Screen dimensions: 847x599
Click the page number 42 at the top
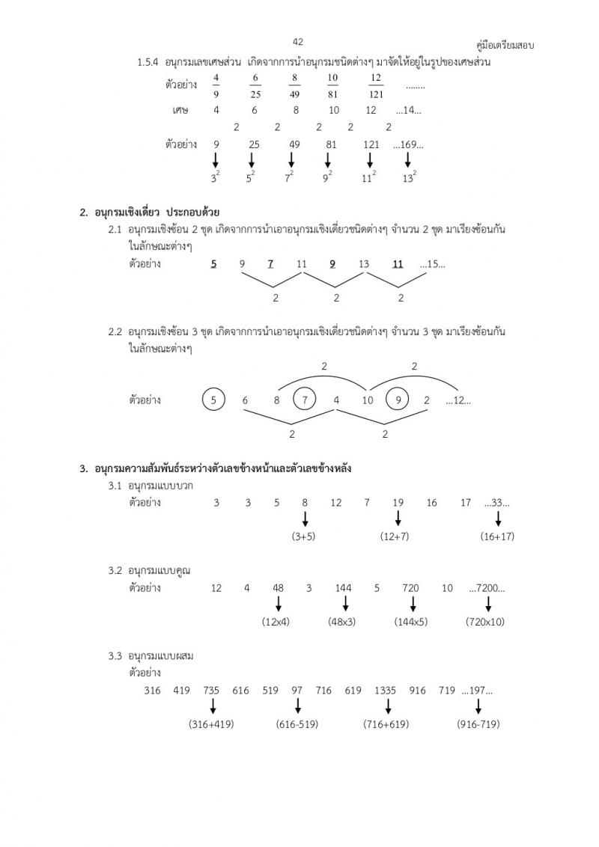pos(298,41)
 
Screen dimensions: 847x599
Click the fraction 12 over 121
pos(376,86)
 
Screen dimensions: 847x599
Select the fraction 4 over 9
pos(216,86)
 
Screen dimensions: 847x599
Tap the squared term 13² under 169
pos(408,177)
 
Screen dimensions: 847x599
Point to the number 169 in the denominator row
pos(409,144)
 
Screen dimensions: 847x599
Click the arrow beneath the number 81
pos(327,159)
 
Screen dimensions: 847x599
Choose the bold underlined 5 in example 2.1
pos(214,264)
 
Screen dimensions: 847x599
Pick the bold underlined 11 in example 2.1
pos(398,264)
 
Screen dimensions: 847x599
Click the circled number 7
pos(305,400)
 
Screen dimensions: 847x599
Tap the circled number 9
pos(398,400)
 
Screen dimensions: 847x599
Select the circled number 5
pos(213,400)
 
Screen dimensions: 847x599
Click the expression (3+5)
pos(305,536)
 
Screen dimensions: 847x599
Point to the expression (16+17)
pos(498,536)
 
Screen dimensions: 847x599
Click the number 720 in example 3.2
pos(410,588)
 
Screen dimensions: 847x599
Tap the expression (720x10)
pos(485,622)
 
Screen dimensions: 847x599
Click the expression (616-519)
pos(298,724)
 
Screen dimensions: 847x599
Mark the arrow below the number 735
pos(213,706)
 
